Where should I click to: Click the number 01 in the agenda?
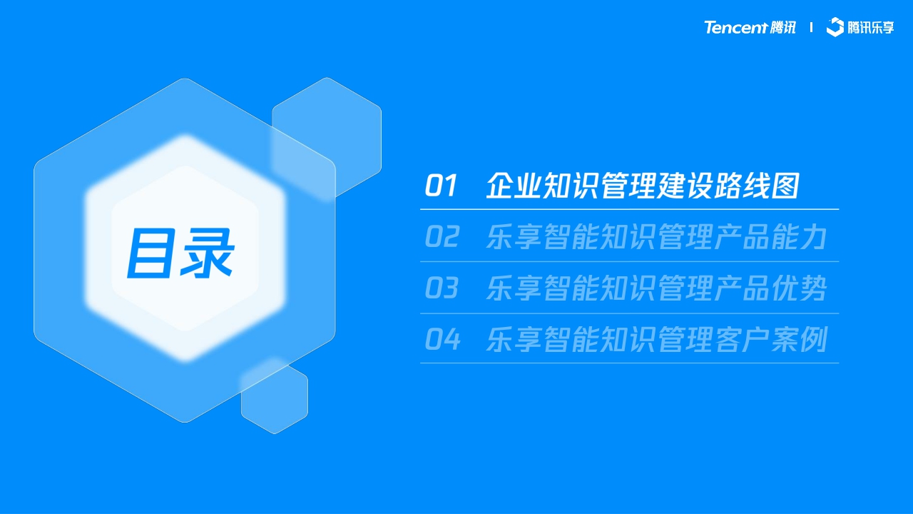[440, 186]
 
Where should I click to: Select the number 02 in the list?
[442, 237]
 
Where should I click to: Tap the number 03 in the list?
[442, 288]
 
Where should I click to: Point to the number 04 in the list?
[442, 340]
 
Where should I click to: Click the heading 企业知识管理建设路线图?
[642, 186]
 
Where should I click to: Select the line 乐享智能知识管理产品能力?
[656, 237]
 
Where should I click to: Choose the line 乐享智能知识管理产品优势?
[656, 288]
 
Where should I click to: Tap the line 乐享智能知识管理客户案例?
[656, 340]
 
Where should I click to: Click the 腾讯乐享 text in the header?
[871, 28]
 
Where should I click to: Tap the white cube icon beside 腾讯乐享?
[835, 27]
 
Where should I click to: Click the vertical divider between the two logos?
[811, 28]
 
